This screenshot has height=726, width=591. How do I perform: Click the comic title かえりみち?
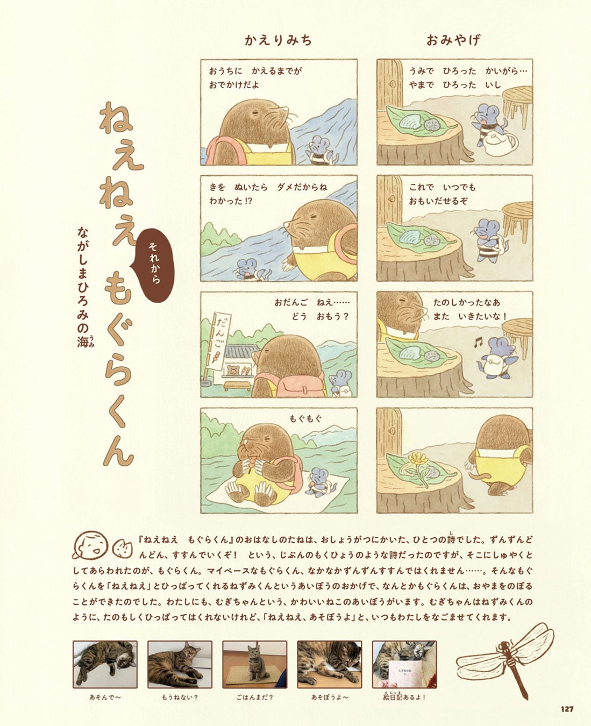[x=278, y=40]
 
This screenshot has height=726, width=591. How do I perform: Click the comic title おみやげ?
[x=453, y=40]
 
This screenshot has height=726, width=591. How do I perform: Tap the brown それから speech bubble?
[x=155, y=265]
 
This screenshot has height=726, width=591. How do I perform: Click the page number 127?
[x=567, y=709]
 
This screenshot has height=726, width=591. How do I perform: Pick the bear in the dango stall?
[x=233, y=370]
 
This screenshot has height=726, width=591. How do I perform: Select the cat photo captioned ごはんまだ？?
[x=254, y=664]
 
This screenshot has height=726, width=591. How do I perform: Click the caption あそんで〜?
[x=105, y=697]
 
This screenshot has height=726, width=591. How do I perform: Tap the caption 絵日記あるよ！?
[x=404, y=696]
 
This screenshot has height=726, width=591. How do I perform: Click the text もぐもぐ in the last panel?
[x=305, y=418]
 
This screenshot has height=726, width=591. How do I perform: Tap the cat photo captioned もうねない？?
[x=180, y=664]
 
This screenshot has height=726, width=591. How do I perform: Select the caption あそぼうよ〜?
[x=330, y=697]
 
